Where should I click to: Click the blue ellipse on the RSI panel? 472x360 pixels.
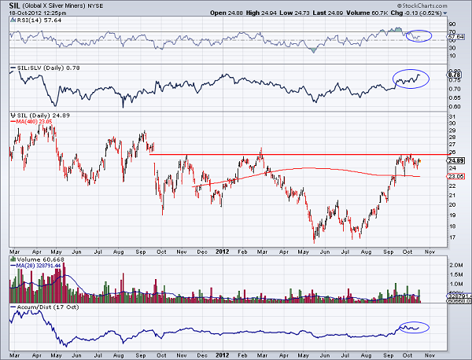click(x=416, y=35)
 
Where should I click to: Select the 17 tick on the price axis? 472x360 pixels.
click(x=452, y=237)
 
